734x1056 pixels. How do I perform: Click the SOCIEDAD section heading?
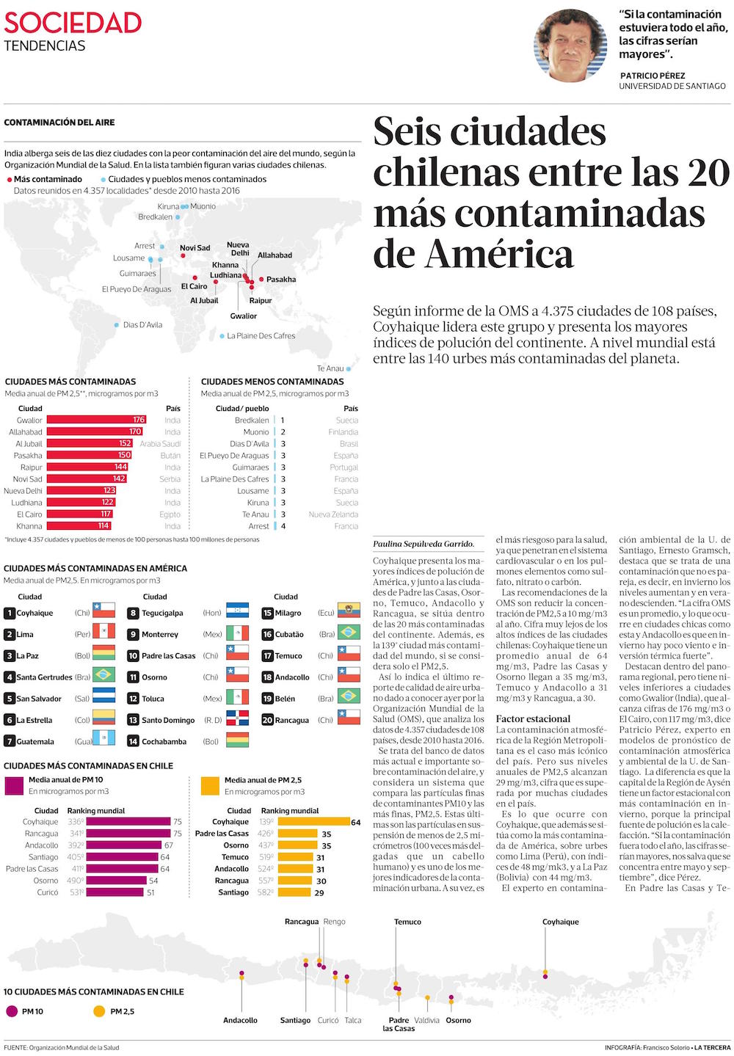[72, 23]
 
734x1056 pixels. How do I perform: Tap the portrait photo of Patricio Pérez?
[570, 45]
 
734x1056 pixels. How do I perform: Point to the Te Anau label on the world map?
[330, 368]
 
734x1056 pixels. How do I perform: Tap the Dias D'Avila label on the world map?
[142, 325]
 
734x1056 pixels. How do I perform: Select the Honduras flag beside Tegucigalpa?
[238, 613]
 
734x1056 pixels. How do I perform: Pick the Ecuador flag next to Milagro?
[348, 613]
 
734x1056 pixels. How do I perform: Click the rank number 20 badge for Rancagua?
[267, 720]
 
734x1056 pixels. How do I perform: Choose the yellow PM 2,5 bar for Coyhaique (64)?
[313, 822]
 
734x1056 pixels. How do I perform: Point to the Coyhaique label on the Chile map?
[560, 922]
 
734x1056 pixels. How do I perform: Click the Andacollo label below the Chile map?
[240, 1021]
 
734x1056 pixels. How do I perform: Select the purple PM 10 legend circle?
[11, 1011]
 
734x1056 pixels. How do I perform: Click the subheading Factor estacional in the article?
[533, 719]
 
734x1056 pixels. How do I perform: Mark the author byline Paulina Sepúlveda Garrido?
[424, 545]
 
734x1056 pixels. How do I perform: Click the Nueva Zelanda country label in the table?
[333, 514]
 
